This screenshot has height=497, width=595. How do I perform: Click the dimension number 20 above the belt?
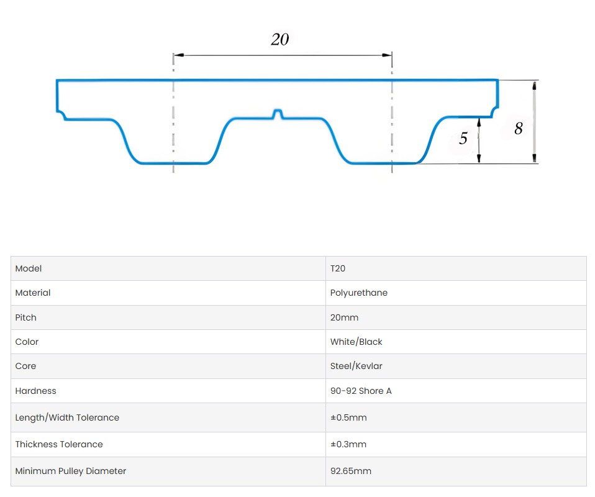(x=280, y=39)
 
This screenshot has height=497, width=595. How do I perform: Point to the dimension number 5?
(x=463, y=138)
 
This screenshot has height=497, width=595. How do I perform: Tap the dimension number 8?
(x=519, y=129)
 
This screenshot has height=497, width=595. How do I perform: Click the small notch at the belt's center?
(x=278, y=114)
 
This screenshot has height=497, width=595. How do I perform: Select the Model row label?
(x=29, y=268)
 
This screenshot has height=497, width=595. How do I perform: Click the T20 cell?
(x=338, y=268)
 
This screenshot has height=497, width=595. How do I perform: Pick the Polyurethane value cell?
(x=359, y=293)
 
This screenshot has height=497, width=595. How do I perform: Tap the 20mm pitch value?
(x=344, y=317)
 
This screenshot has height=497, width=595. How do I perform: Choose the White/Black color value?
(x=357, y=342)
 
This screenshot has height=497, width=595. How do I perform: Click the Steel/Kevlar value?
(x=357, y=366)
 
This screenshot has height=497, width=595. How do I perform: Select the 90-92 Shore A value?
(x=361, y=391)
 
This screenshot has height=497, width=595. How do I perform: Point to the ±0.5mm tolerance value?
(x=348, y=417)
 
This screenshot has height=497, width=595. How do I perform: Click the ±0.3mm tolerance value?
(x=348, y=444)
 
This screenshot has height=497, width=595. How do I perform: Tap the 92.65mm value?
(x=351, y=471)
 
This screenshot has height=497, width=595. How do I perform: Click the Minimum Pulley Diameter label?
(x=71, y=471)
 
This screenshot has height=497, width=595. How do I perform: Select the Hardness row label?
(x=35, y=391)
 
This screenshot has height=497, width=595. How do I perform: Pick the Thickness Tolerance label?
(x=59, y=444)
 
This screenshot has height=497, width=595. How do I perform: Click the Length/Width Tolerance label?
(x=67, y=417)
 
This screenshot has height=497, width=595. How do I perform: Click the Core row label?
(x=25, y=366)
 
